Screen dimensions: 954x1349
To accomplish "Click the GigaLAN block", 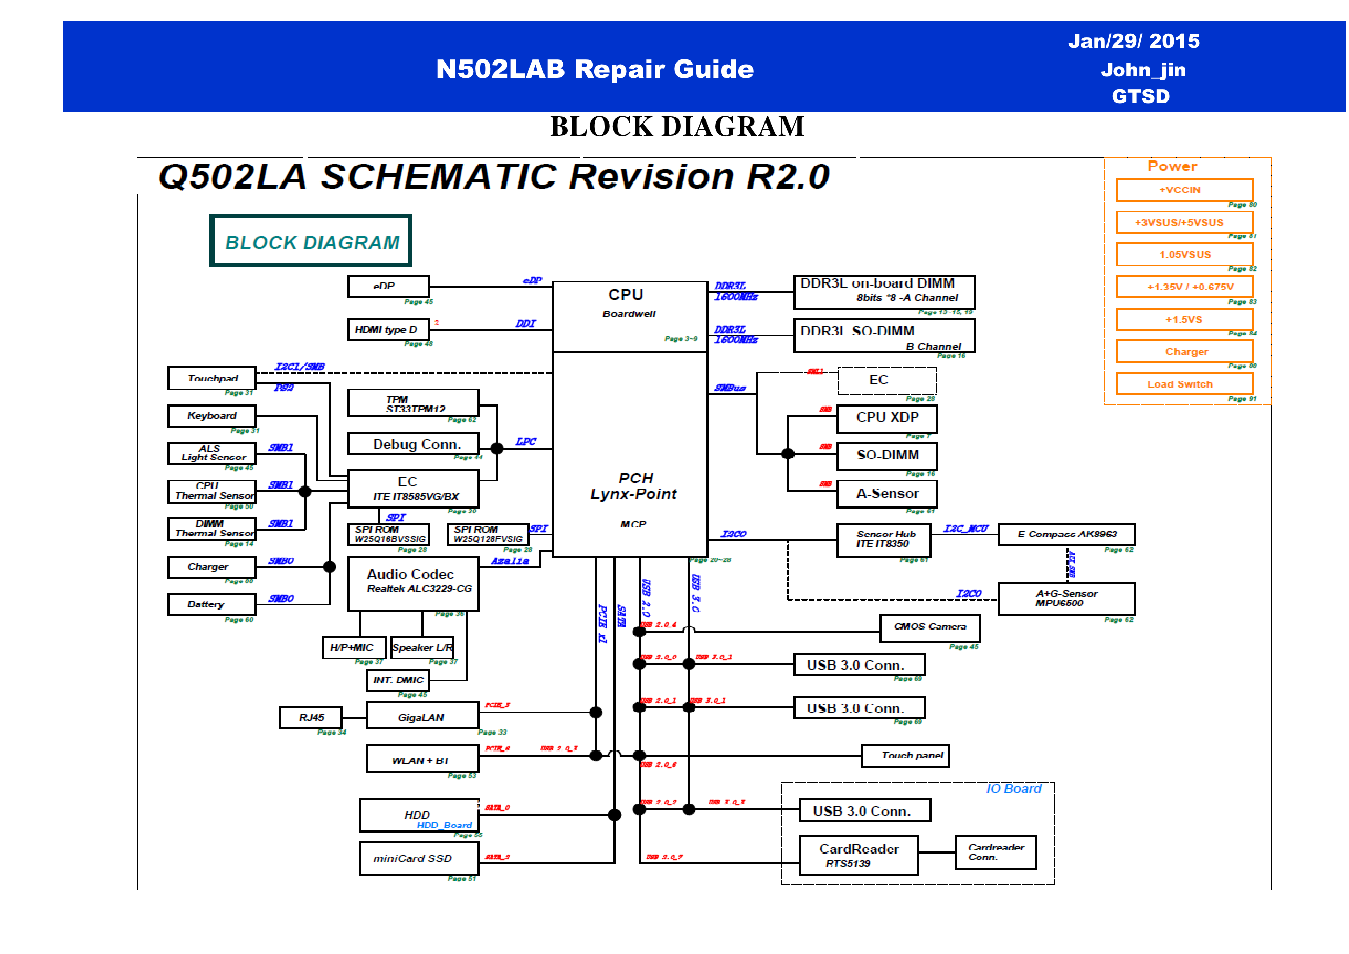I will (422, 717).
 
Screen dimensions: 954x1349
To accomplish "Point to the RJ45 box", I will (311, 717).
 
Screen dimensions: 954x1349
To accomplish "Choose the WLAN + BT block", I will (422, 760).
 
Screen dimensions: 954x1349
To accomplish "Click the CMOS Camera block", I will (930, 628).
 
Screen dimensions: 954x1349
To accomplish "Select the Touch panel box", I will (904, 756).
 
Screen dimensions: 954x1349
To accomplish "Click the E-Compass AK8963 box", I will (1066, 534).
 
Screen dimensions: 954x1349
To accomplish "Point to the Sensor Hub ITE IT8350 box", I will (883, 539).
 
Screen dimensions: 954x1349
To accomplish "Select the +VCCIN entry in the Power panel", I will (1184, 190).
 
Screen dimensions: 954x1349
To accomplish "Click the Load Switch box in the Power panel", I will (1184, 384).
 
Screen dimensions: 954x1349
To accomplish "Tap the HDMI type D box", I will (388, 330).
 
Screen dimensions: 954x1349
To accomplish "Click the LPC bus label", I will (526, 442).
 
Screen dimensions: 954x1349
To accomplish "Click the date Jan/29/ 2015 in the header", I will (1133, 41).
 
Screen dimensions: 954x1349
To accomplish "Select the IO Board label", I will (1013, 789).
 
